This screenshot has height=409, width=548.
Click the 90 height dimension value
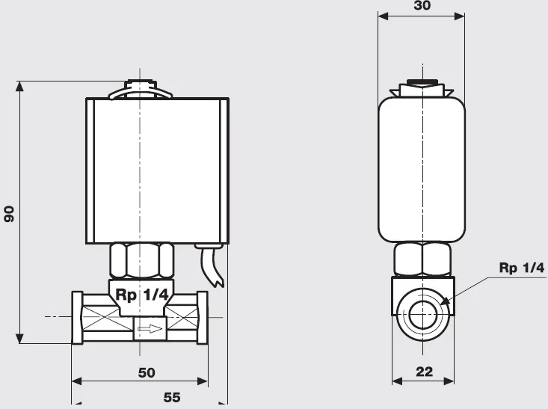[9, 214]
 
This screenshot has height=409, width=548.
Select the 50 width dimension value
[147, 372]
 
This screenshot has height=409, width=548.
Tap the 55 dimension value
[172, 398]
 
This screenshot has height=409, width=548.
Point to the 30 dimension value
[422, 5]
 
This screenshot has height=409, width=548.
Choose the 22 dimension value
[425, 372]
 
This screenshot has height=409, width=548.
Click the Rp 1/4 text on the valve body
[141, 295]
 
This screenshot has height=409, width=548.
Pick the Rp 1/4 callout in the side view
[521, 268]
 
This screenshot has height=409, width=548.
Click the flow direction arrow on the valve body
[150, 328]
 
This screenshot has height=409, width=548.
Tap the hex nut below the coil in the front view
[141, 260]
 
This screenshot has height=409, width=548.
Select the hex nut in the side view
[422, 259]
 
